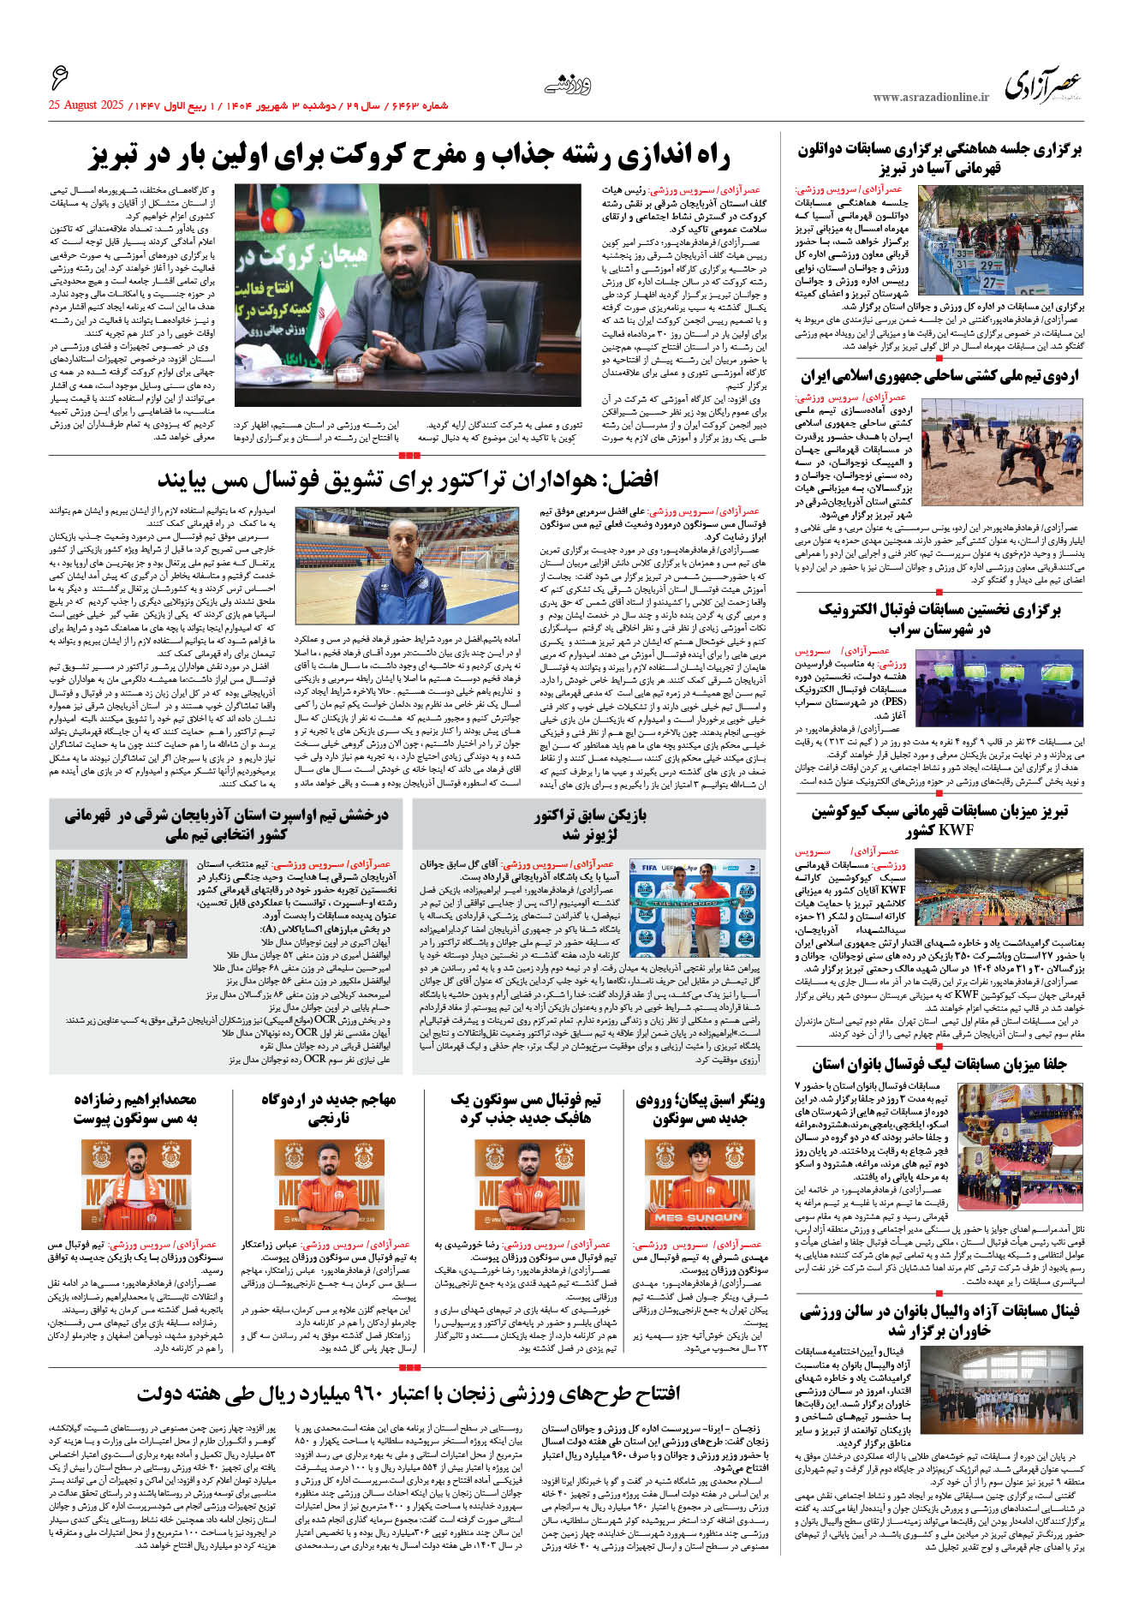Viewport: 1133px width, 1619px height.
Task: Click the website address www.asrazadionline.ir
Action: [931, 98]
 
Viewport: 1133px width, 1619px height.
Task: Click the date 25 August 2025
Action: [86, 106]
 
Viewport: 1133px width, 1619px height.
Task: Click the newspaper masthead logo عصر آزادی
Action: [1043, 86]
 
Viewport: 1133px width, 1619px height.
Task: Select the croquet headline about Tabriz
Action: [409, 156]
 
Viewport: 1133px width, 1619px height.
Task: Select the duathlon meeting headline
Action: [939, 158]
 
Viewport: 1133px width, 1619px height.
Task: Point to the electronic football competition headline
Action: [939, 618]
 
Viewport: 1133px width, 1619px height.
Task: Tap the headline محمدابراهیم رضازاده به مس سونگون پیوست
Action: [135, 1108]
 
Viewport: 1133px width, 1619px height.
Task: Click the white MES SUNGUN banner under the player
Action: [699, 1216]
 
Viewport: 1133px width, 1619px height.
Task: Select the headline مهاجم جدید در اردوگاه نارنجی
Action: [329, 1108]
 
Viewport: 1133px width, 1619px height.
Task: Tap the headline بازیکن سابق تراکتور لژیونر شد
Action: [591, 824]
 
